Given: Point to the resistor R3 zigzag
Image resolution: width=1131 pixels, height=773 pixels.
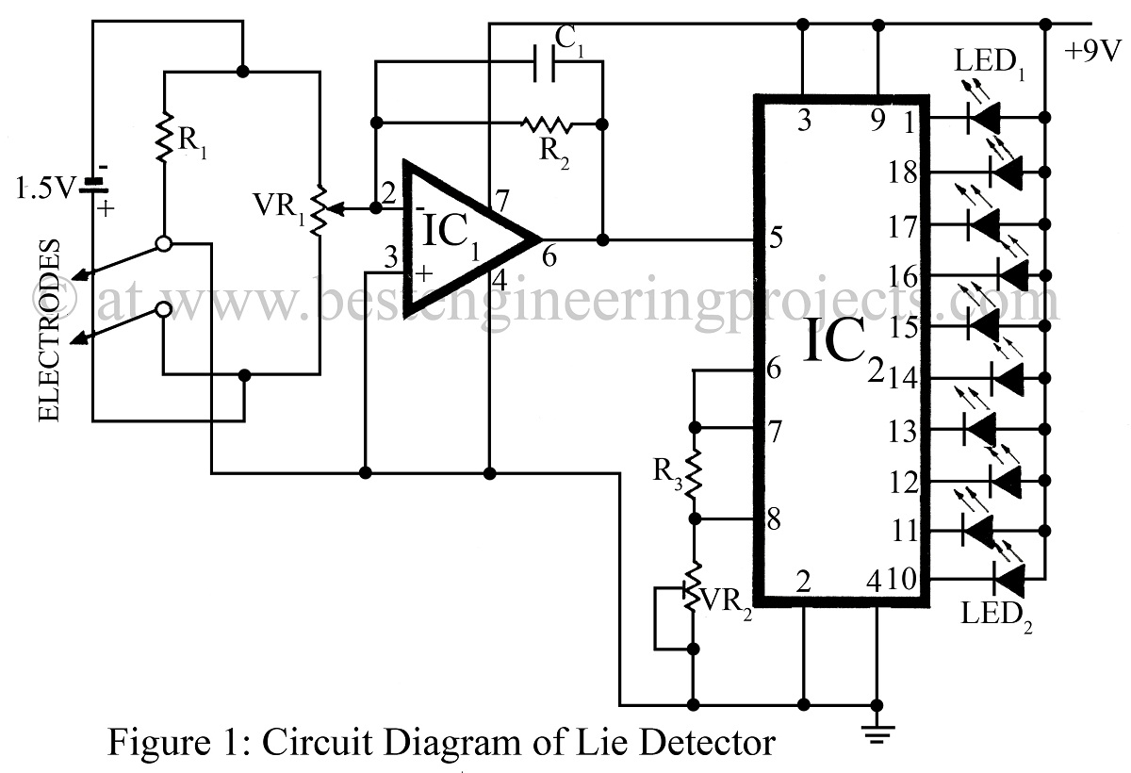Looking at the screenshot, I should pos(694,475).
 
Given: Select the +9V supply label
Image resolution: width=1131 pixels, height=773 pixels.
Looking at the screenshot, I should pos(1093,50).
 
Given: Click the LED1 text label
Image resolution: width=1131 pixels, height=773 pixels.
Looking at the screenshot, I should pos(991,64).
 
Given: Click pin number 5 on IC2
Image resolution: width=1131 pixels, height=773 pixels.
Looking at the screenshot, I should pos(775,238).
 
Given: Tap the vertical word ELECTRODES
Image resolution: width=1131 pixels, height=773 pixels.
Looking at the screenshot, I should pos(52,330).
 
